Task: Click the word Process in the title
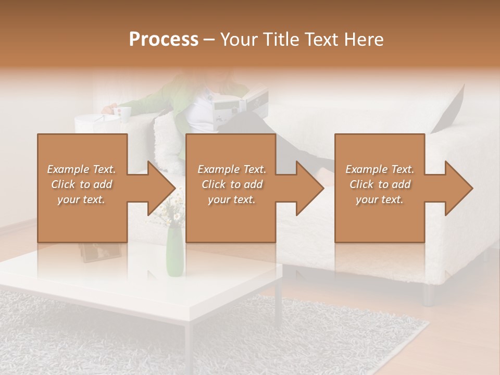(164, 40)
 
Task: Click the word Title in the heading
(281, 40)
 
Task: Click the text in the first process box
(82, 184)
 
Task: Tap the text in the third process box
(380, 184)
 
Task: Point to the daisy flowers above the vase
(172, 208)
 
